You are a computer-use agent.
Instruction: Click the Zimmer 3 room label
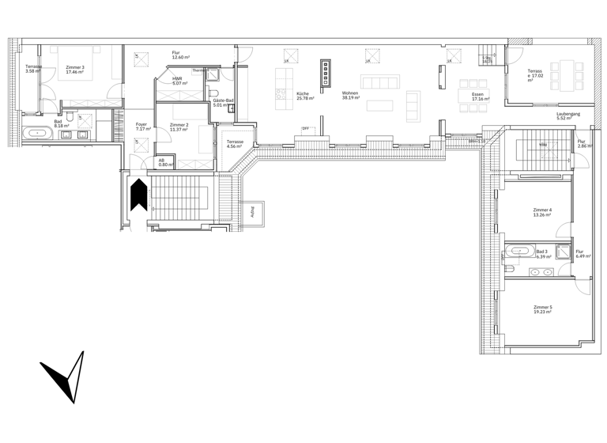76,66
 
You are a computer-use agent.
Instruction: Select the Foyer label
141,123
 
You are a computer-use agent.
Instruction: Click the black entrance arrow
139,195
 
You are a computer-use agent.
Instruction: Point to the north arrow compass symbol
65,377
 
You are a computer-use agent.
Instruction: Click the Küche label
303,94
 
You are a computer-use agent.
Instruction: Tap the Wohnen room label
350,94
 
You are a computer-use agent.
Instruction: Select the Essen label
477,94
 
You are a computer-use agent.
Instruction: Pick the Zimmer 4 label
542,210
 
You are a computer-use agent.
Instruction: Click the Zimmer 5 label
542,306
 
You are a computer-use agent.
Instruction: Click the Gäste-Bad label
222,100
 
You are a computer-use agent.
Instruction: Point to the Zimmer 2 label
179,124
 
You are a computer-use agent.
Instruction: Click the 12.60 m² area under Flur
181,58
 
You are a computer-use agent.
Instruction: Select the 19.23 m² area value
543,312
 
